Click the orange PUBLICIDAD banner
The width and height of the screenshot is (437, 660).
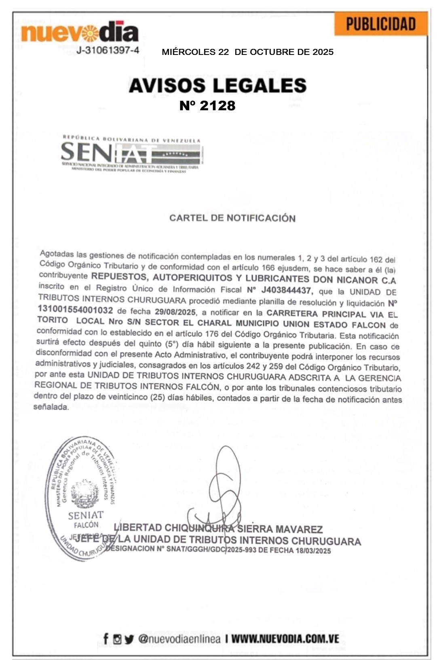click(381, 24)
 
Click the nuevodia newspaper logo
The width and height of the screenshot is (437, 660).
click(80, 33)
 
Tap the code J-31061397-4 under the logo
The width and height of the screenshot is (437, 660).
click(108, 50)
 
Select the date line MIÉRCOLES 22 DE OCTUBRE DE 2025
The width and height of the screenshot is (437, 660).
click(247, 52)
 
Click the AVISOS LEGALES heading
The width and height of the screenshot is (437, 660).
click(217, 86)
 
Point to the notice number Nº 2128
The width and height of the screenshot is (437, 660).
click(207, 106)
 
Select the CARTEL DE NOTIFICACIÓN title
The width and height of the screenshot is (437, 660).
click(232, 218)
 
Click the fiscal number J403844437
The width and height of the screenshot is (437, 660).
click(286, 290)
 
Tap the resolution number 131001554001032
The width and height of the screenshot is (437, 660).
click(75, 310)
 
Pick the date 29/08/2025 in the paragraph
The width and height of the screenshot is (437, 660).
click(175, 312)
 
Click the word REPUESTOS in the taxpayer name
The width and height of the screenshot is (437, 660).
click(116, 277)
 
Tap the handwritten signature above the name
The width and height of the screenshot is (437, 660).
click(220, 489)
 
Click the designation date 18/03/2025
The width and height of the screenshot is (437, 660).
click(313, 551)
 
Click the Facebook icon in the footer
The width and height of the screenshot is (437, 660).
click(106, 639)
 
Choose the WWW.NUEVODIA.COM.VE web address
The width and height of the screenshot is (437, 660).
click(285, 639)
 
